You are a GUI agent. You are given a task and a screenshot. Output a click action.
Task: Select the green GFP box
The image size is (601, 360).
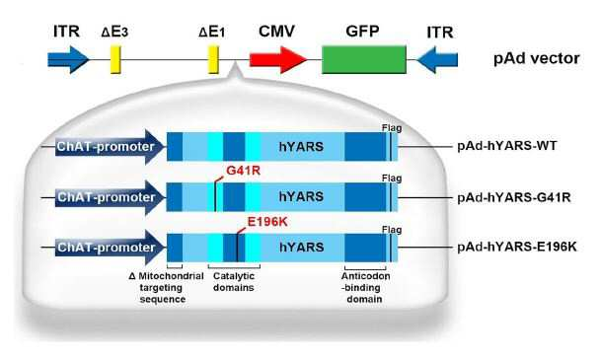pos(364,59)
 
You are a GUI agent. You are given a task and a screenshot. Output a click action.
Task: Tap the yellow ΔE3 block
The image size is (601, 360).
pos(115,59)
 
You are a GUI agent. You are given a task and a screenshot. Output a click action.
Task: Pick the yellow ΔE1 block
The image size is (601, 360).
pos(213,59)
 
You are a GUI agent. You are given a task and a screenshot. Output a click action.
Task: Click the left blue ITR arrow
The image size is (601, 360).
pos(69,60)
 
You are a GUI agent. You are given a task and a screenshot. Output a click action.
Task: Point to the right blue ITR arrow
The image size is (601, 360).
pos(437,60)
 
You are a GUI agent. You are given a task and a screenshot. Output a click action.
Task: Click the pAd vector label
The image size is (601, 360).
pos(536,58)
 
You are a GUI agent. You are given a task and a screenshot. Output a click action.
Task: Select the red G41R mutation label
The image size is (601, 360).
pos(243,171)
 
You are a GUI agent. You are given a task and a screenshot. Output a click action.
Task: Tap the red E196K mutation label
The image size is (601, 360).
pos(267,222)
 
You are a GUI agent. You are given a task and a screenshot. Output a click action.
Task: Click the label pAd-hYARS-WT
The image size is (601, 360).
pos(507,146)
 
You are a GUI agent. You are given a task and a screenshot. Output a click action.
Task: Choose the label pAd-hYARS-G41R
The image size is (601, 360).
pos(514,197)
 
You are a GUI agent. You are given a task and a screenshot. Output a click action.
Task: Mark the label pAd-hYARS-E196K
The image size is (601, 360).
pos(517,247)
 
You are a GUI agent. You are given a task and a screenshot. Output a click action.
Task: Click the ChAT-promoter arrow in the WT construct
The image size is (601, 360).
pos(111,147)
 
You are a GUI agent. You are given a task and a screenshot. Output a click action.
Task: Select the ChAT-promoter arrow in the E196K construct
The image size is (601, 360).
pos(111,248)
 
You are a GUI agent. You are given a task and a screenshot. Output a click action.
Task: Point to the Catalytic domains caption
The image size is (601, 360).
pos(234,282)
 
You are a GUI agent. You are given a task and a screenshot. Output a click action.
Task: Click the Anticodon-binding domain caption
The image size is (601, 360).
pos(365,288)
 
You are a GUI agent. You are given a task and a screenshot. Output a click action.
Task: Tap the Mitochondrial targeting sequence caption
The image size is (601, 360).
pos(167,288)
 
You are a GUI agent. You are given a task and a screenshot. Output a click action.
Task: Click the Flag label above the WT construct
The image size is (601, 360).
pos(392,128)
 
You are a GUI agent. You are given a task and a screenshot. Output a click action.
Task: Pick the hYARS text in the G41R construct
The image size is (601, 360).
pos(301,197)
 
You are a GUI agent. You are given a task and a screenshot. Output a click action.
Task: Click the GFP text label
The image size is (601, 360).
pos(362,32)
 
